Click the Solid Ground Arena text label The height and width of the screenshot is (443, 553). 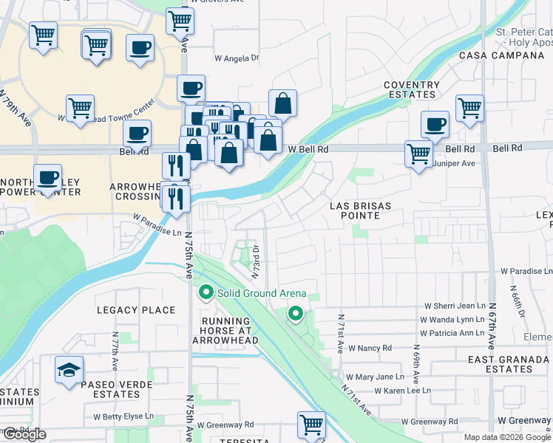tap(261, 293)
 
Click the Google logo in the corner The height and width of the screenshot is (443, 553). tap(24, 434)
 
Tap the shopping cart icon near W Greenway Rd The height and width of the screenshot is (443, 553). tap(312, 425)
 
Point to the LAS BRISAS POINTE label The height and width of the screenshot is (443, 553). tap(356, 210)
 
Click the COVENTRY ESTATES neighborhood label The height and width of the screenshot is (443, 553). tap(411, 90)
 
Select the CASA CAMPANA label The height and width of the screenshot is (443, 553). tap(501, 55)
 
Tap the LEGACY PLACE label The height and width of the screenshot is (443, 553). tap(135, 310)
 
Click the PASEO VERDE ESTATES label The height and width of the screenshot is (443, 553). tap(116, 389)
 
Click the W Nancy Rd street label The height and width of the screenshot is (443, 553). tap(370, 348)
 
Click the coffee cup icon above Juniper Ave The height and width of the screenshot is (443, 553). tap(435, 124)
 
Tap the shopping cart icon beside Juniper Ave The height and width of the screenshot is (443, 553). tap(418, 154)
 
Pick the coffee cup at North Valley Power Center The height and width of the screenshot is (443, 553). tap(48, 177)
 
